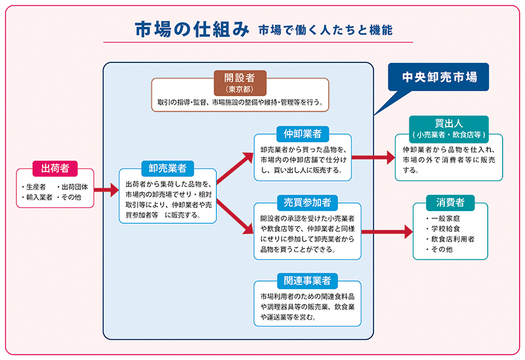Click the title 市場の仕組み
[191, 30]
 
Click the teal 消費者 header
[450, 201]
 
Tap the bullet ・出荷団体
[75, 186]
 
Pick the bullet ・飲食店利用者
[453, 239]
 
